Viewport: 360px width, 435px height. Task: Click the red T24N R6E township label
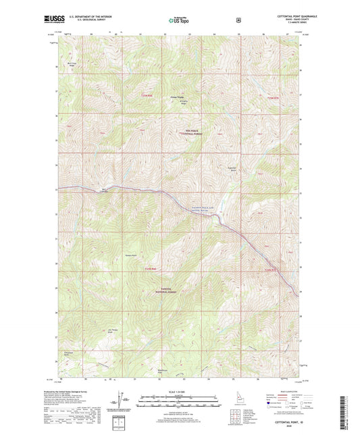(x=151, y=270)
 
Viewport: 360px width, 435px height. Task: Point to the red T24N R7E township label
(x=272, y=271)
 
